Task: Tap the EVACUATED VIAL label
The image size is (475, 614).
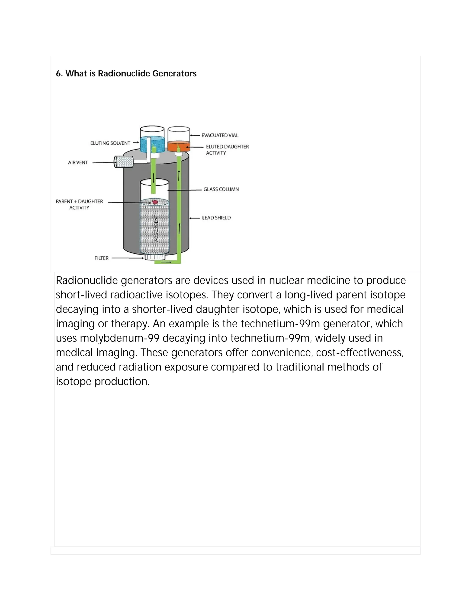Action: (x=220, y=135)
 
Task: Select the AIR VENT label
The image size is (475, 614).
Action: (x=78, y=162)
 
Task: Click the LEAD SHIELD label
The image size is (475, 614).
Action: (x=216, y=218)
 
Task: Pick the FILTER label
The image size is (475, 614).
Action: (x=101, y=258)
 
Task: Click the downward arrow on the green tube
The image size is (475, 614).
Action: (x=154, y=178)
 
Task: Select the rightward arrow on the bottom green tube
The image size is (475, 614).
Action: (x=166, y=262)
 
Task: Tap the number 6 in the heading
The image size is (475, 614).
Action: (x=58, y=74)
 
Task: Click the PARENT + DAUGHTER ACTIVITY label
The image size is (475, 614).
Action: (x=79, y=204)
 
